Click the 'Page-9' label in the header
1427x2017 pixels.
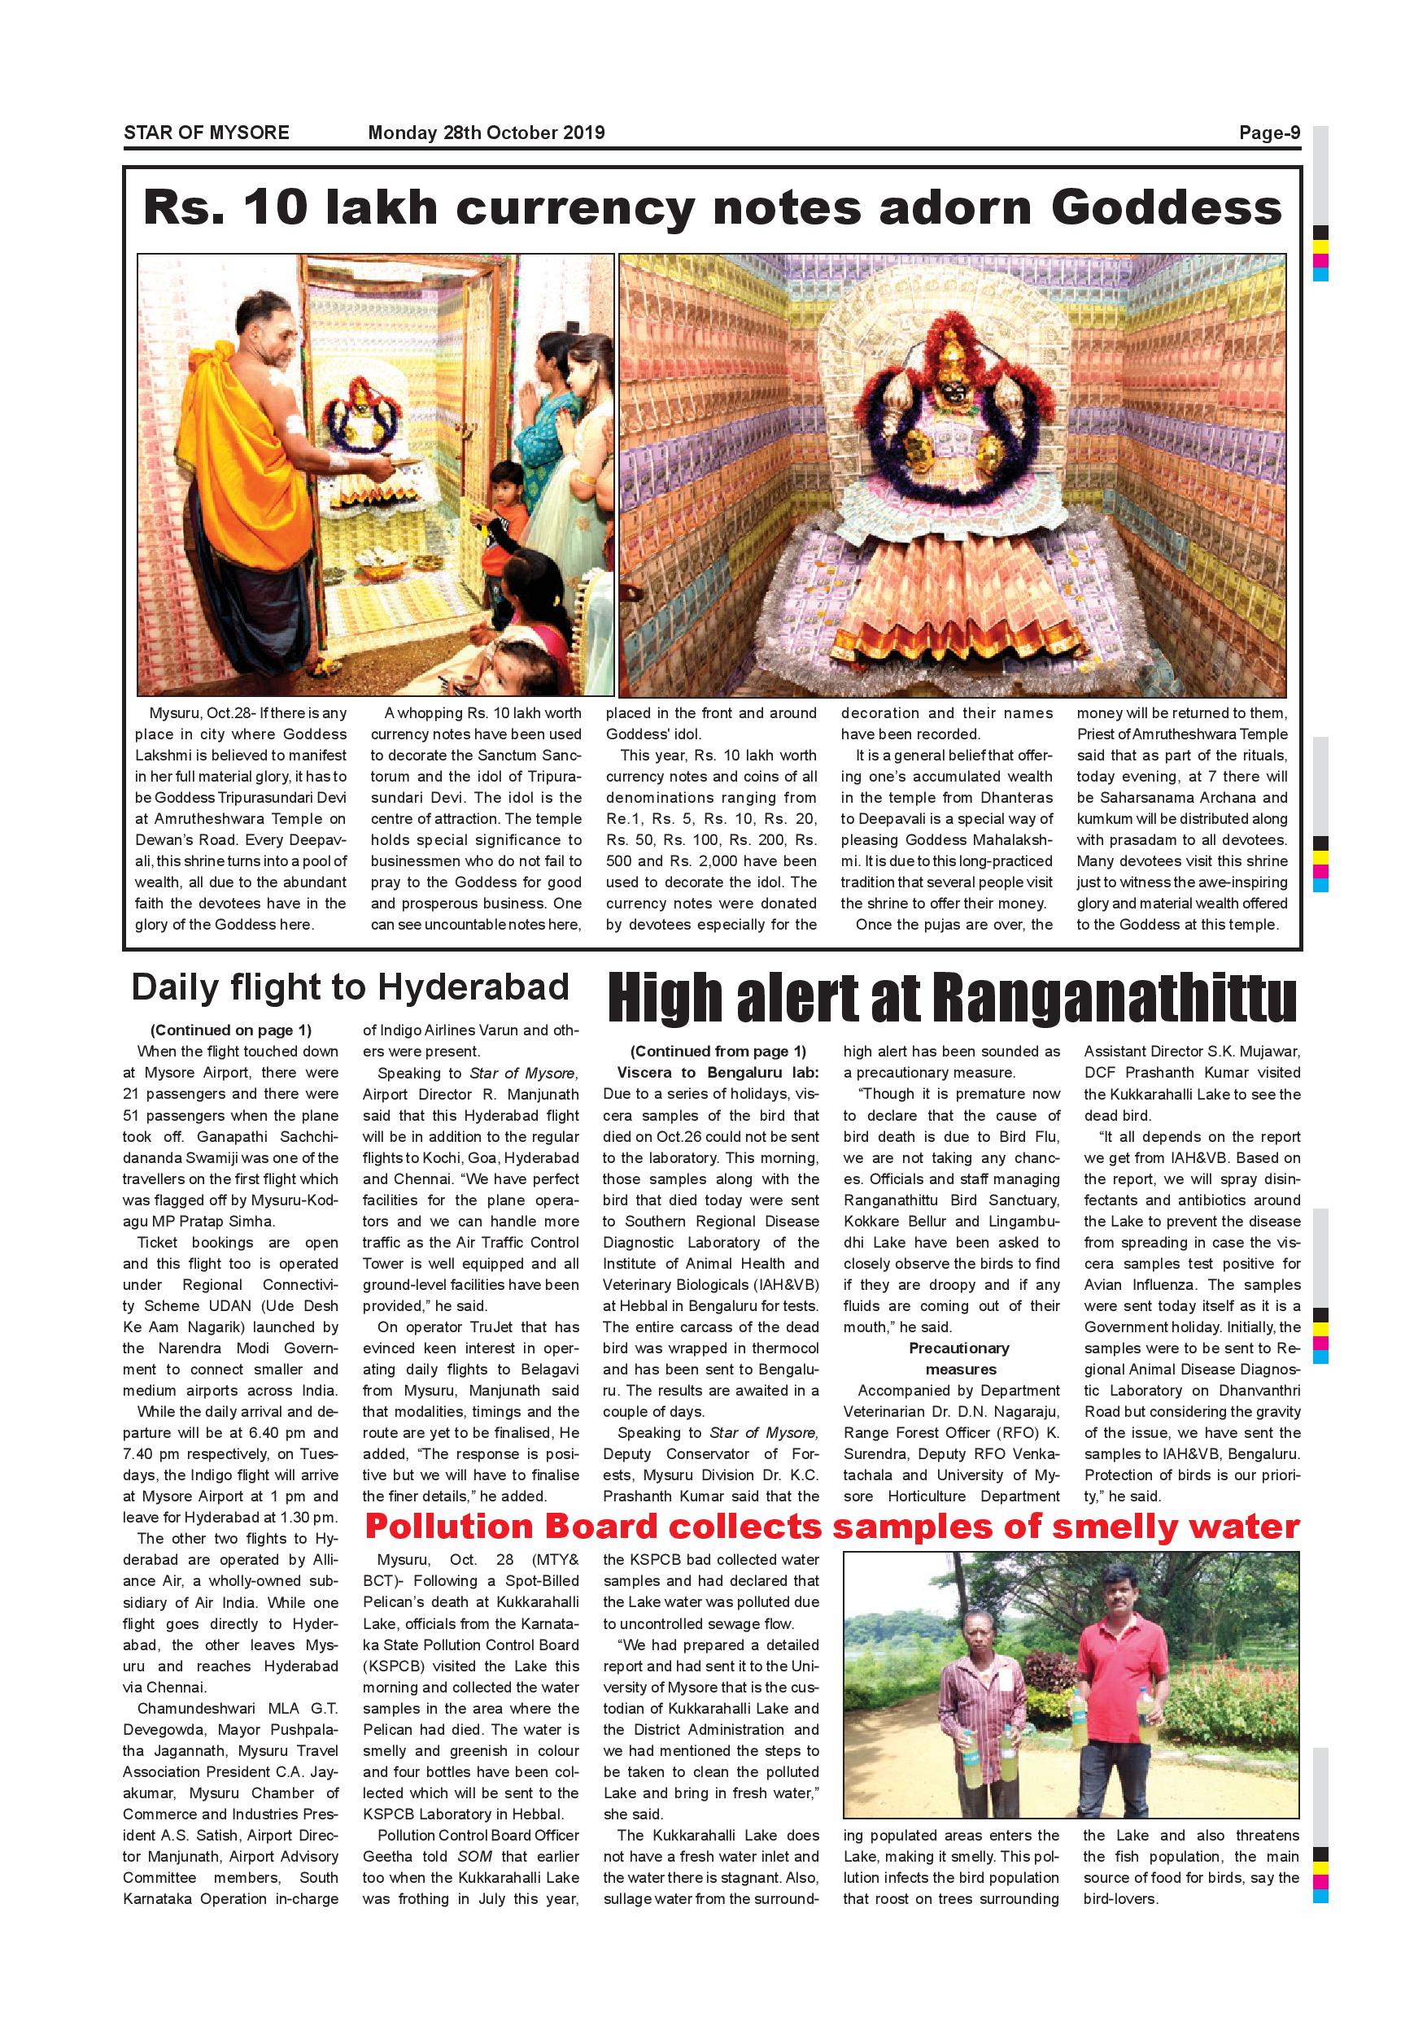(1269, 133)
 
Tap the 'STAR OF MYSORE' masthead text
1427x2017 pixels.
(207, 133)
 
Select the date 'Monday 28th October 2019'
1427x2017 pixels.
(486, 133)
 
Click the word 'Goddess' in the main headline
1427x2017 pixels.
(1166, 208)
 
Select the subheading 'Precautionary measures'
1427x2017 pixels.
(959, 1358)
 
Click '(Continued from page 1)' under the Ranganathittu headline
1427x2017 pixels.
(717, 1051)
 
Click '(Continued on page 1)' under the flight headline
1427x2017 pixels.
(230, 1030)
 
